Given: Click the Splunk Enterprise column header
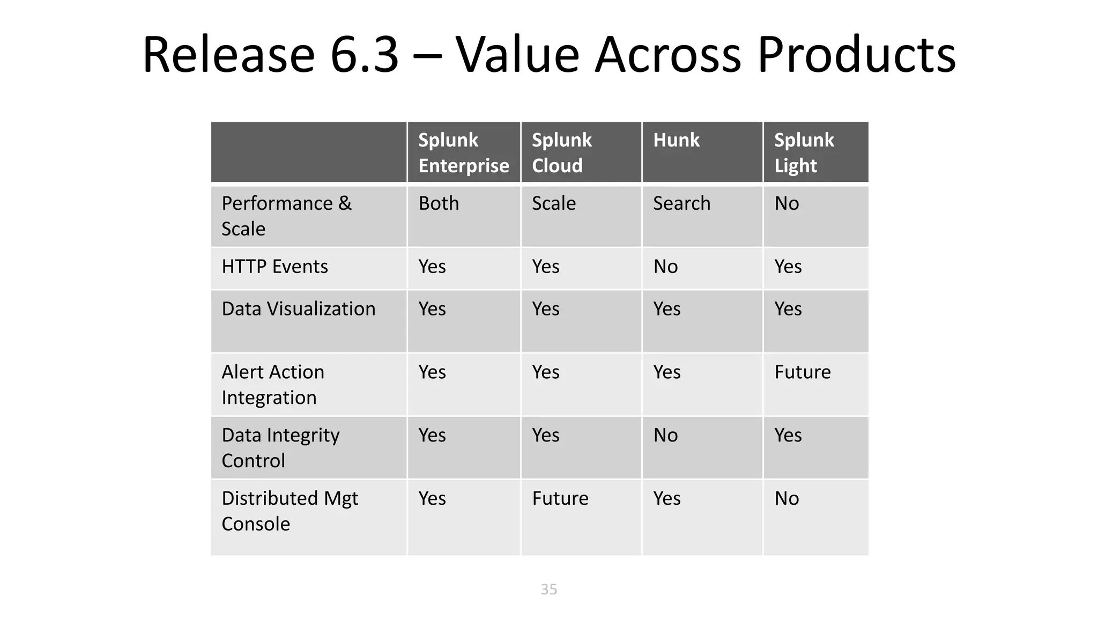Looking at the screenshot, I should click(x=463, y=153).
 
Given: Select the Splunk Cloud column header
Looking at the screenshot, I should click(x=561, y=153).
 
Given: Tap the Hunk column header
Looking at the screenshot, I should click(x=676, y=141).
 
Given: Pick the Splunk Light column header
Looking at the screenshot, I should click(x=804, y=153).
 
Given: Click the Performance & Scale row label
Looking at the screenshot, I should click(x=286, y=216).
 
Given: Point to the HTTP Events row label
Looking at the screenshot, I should click(x=274, y=267).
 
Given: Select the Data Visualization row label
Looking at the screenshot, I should click(x=299, y=309).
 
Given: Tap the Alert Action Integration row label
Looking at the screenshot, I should click(x=273, y=385).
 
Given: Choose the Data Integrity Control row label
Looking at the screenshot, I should click(x=280, y=447).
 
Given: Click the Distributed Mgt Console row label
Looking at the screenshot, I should click(x=290, y=511).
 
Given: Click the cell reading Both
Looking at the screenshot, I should click(x=439, y=204).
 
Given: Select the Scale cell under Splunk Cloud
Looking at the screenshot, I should click(x=553, y=204).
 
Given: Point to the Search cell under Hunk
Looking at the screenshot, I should click(x=681, y=204).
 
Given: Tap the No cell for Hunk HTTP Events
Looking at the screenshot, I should click(x=665, y=267).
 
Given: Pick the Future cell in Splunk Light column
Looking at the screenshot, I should click(x=803, y=372).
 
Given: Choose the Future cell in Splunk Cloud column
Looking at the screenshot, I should click(x=560, y=499).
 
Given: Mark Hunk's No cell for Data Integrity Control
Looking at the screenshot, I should click(x=665, y=436).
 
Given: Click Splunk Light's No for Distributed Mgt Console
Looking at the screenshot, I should click(x=787, y=499).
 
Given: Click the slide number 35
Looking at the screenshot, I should click(x=549, y=589).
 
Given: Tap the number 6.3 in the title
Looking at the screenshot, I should click(x=365, y=55).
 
